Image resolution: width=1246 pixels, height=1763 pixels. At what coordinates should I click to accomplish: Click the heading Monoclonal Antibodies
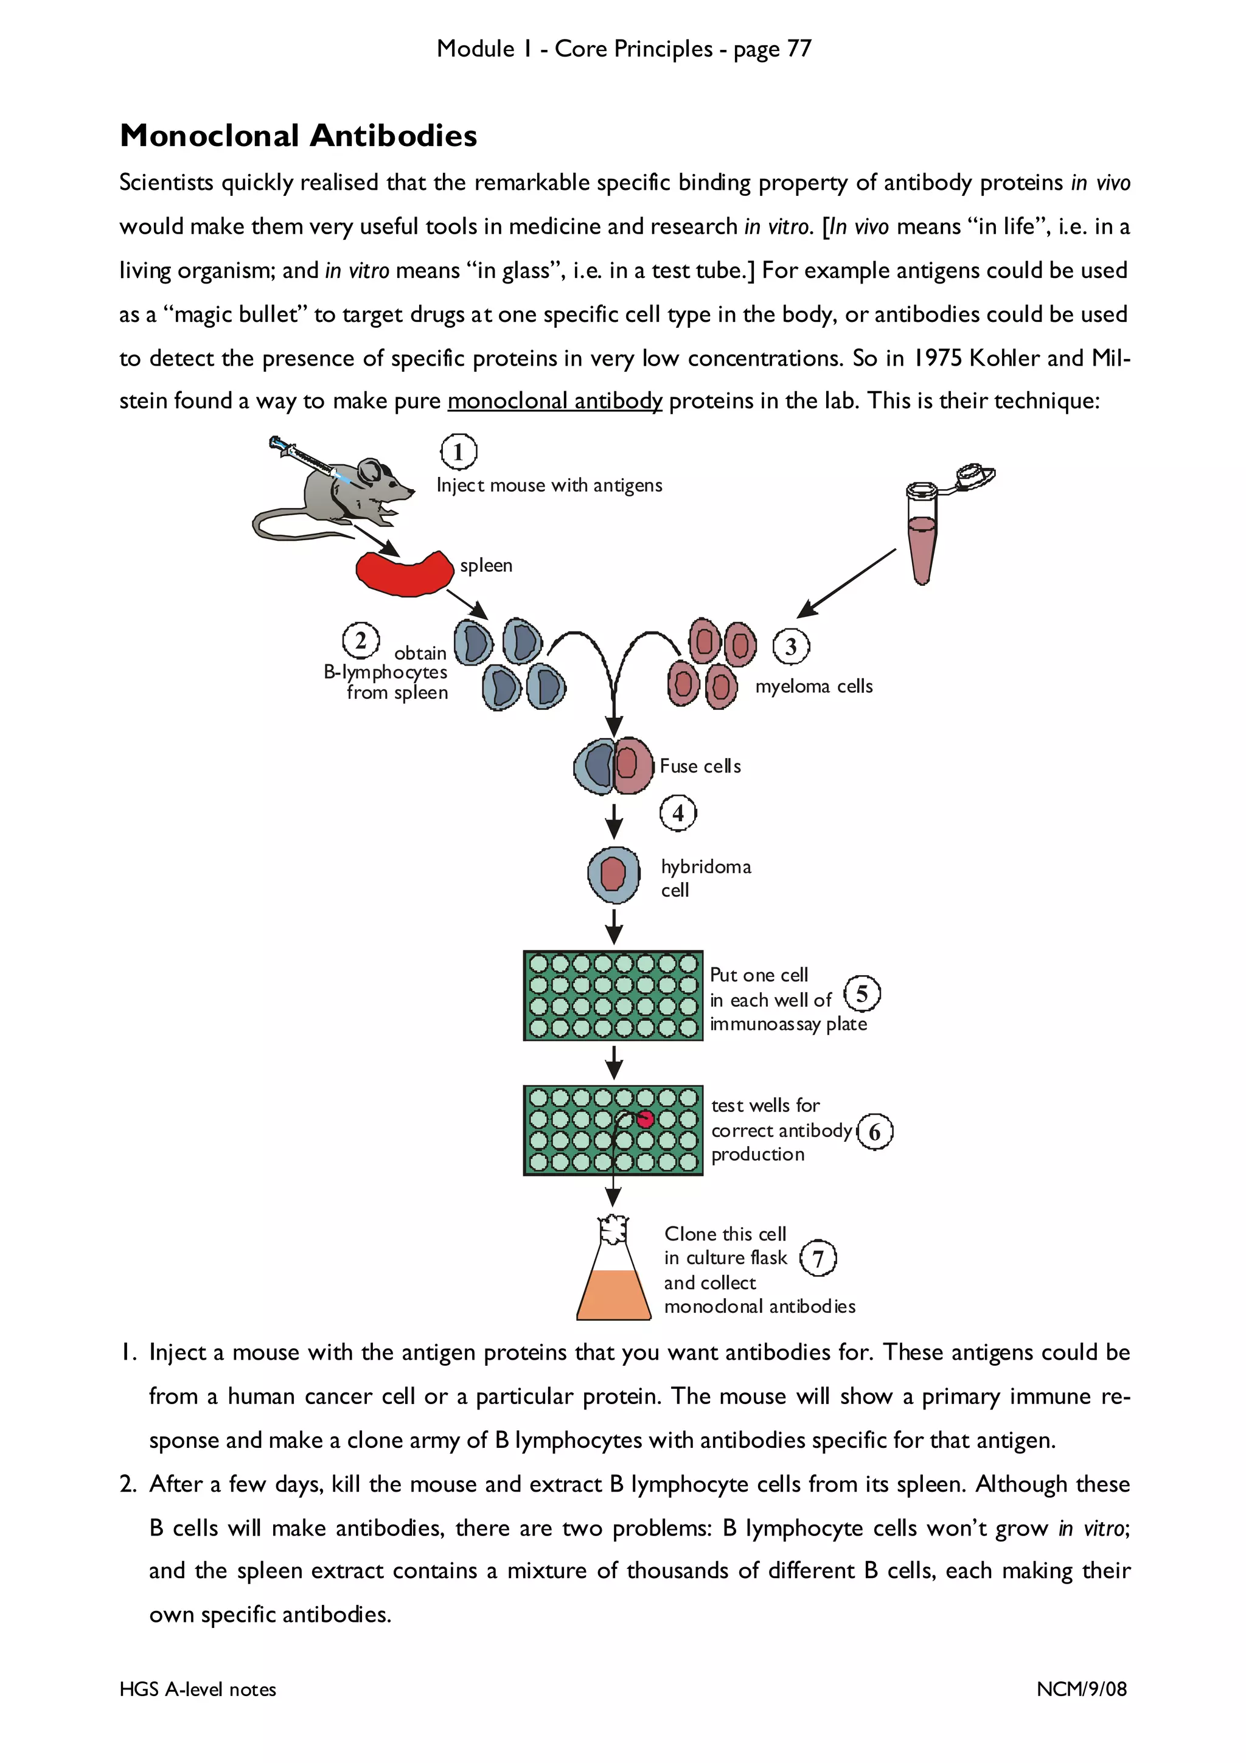pos(298,136)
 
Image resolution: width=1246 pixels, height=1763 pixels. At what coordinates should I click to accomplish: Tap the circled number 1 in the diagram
pos(458,451)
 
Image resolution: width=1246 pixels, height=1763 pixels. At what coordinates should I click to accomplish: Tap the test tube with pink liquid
pos(921,538)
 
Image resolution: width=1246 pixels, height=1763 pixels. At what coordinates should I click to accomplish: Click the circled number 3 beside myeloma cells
pos(791,647)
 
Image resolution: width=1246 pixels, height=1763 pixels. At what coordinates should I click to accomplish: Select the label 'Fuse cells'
pos(700,767)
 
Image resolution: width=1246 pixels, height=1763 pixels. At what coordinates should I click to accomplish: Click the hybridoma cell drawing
pos(613,875)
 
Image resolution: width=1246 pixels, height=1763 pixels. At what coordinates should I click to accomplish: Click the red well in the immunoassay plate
pos(645,1119)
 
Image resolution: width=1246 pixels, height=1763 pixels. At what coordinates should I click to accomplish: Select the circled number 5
pos(861,995)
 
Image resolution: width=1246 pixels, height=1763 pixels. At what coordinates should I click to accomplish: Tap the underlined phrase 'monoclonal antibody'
pos(554,401)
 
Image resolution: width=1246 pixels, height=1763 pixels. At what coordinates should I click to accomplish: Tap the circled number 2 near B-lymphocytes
pos(360,641)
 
